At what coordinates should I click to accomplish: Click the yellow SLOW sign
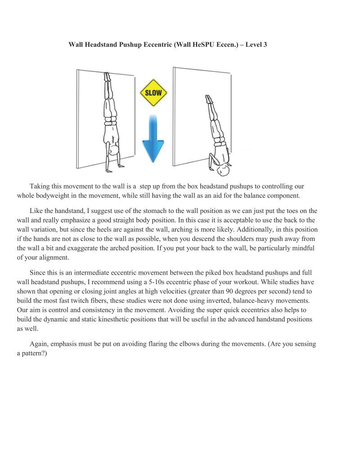coord(153,93)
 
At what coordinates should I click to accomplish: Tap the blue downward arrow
coord(153,139)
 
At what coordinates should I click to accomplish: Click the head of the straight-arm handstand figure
coord(114,149)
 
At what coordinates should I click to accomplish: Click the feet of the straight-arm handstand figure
coord(107,76)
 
